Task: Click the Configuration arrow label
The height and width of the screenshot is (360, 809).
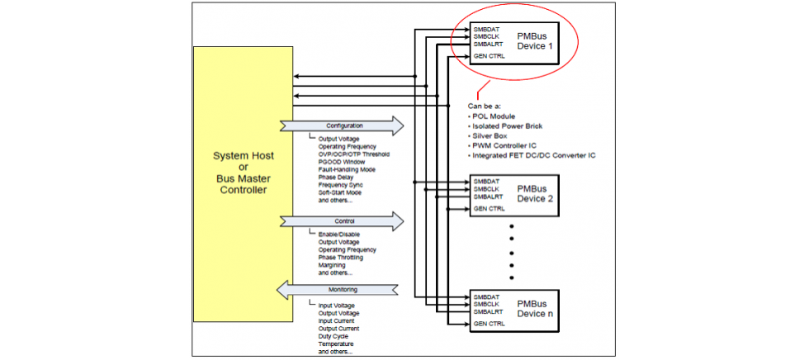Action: point(338,126)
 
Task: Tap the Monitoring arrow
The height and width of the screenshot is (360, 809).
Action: point(341,290)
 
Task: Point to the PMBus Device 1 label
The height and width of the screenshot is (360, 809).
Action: point(532,41)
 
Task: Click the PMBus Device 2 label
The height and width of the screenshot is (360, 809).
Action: point(532,193)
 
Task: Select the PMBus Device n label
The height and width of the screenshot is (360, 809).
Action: point(532,308)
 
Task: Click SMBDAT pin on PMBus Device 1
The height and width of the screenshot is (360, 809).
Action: point(486,30)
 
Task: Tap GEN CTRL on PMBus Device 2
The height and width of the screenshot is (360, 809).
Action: point(489,209)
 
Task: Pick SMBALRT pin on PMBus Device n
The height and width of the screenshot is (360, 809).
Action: point(489,311)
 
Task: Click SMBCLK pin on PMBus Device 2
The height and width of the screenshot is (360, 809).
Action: point(487,188)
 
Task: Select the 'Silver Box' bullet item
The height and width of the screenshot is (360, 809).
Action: point(490,135)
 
